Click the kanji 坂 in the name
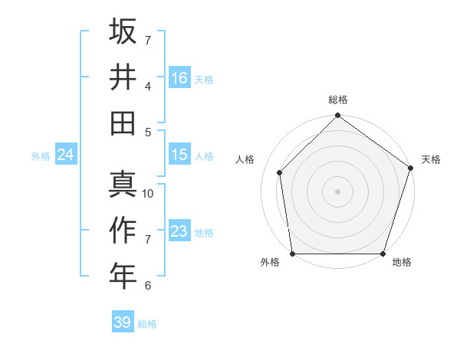(x=123, y=31)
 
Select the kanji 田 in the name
(x=123, y=123)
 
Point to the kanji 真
(x=123, y=185)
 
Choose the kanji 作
(x=123, y=231)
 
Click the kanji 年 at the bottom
(x=123, y=276)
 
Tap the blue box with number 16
(x=179, y=77)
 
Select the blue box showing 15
(x=179, y=155)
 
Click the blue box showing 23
(x=179, y=231)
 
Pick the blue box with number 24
(x=65, y=155)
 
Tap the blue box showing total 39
(x=123, y=322)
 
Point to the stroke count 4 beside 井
(x=148, y=86)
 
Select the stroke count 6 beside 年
(x=148, y=286)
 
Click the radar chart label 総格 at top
(x=338, y=100)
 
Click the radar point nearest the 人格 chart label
(x=280, y=172)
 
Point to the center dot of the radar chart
(x=338, y=191)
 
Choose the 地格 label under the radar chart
(x=402, y=263)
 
